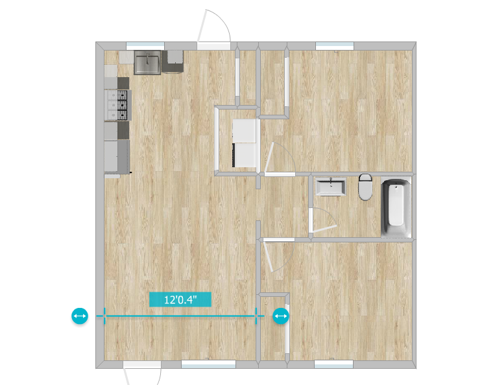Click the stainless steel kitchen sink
[147, 62]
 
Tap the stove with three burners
[118, 105]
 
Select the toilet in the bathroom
[365, 187]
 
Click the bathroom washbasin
[331, 187]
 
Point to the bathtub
[396, 207]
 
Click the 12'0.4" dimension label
[180, 299]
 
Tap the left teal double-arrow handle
[80, 316]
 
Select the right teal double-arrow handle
[281, 316]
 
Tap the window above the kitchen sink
[145, 46]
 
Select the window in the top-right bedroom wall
[335, 46]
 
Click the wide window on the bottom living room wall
[208, 364]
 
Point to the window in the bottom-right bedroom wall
[333, 364]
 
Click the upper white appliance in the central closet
[244, 130]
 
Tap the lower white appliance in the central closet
[244, 155]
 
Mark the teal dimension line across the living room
[180, 316]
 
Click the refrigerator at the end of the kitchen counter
[117, 157]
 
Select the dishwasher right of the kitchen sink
[173, 62]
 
